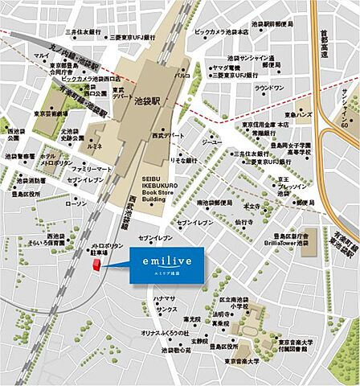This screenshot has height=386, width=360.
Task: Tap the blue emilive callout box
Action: click(167, 265)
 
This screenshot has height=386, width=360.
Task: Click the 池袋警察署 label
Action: click(18, 154)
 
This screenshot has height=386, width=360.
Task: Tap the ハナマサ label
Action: click(164, 298)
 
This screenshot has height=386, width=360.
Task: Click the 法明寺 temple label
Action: click(220, 314)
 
